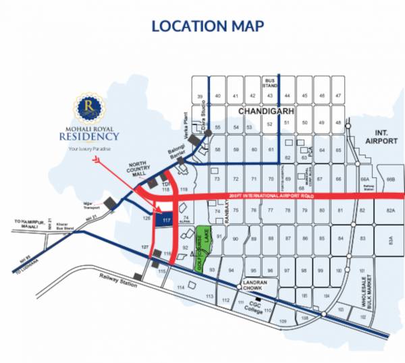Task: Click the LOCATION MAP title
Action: point(207,26)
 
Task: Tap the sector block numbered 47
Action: point(338,96)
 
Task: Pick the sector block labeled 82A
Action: point(389,211)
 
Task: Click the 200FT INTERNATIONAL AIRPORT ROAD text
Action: point(271,198)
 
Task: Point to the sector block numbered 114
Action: point(180,288)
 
